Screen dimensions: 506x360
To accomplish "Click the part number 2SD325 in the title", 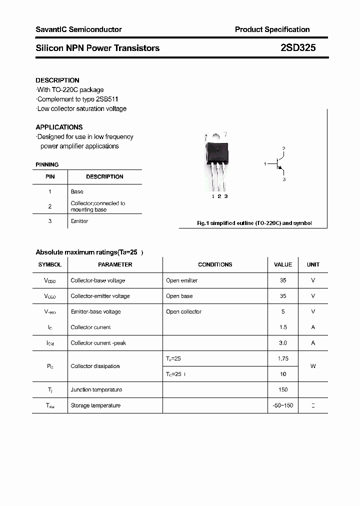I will [x=297, y=48].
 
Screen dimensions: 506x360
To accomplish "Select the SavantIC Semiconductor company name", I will [x=78, y=29].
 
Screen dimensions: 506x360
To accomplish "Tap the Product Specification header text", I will [x=272, y=29].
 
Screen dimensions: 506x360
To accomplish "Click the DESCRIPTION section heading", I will [x=57, y=80].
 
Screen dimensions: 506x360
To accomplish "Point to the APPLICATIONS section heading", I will [x=59, y=127].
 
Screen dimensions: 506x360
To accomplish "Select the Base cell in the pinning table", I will [x=77, y=191].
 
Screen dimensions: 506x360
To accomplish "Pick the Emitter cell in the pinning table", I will [x=79, y=221].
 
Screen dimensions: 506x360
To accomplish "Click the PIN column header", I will [x=50, y=176].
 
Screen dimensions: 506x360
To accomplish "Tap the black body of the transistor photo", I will [x=218, y=149].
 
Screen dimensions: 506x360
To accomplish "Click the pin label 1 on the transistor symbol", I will [x=265, y=164].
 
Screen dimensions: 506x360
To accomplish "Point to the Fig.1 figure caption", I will [x=254, y=223].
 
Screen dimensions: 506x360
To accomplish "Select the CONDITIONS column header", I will [x=215, y=264].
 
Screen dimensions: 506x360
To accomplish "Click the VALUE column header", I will [x=283, y=264].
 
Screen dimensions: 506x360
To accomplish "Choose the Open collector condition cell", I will [x=183, y=311].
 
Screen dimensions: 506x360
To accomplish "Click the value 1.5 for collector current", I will [x=283, y=327].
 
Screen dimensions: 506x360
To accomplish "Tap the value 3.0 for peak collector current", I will [x=283, y=343].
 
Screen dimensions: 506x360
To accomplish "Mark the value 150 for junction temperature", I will [x=283, y=389].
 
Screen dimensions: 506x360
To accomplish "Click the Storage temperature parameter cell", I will [x=95, y=405].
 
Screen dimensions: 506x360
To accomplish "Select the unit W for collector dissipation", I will [x=313, y=366].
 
